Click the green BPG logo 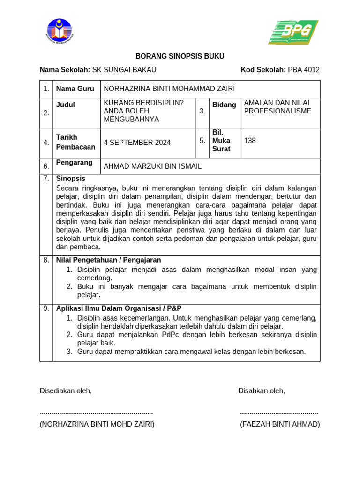click(293, 32)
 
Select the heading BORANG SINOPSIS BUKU click(180, 56)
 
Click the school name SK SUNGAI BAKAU click(124, 70)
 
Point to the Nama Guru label click(75, 89)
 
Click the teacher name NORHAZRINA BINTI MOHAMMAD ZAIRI click(169, 89)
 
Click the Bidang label click(224, 105)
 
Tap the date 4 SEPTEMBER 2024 click(137, 142)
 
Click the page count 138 click(250, 140)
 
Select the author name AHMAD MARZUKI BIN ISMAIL click(152, 166)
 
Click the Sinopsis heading click(71, 179)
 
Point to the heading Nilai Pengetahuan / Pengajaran click(108, 260)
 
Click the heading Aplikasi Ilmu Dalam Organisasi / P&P click(119, 308)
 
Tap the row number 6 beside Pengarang click(46, 166)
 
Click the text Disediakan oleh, click(66, 391)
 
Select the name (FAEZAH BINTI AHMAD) click(280, 424)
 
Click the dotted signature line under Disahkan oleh click(279, 413)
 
